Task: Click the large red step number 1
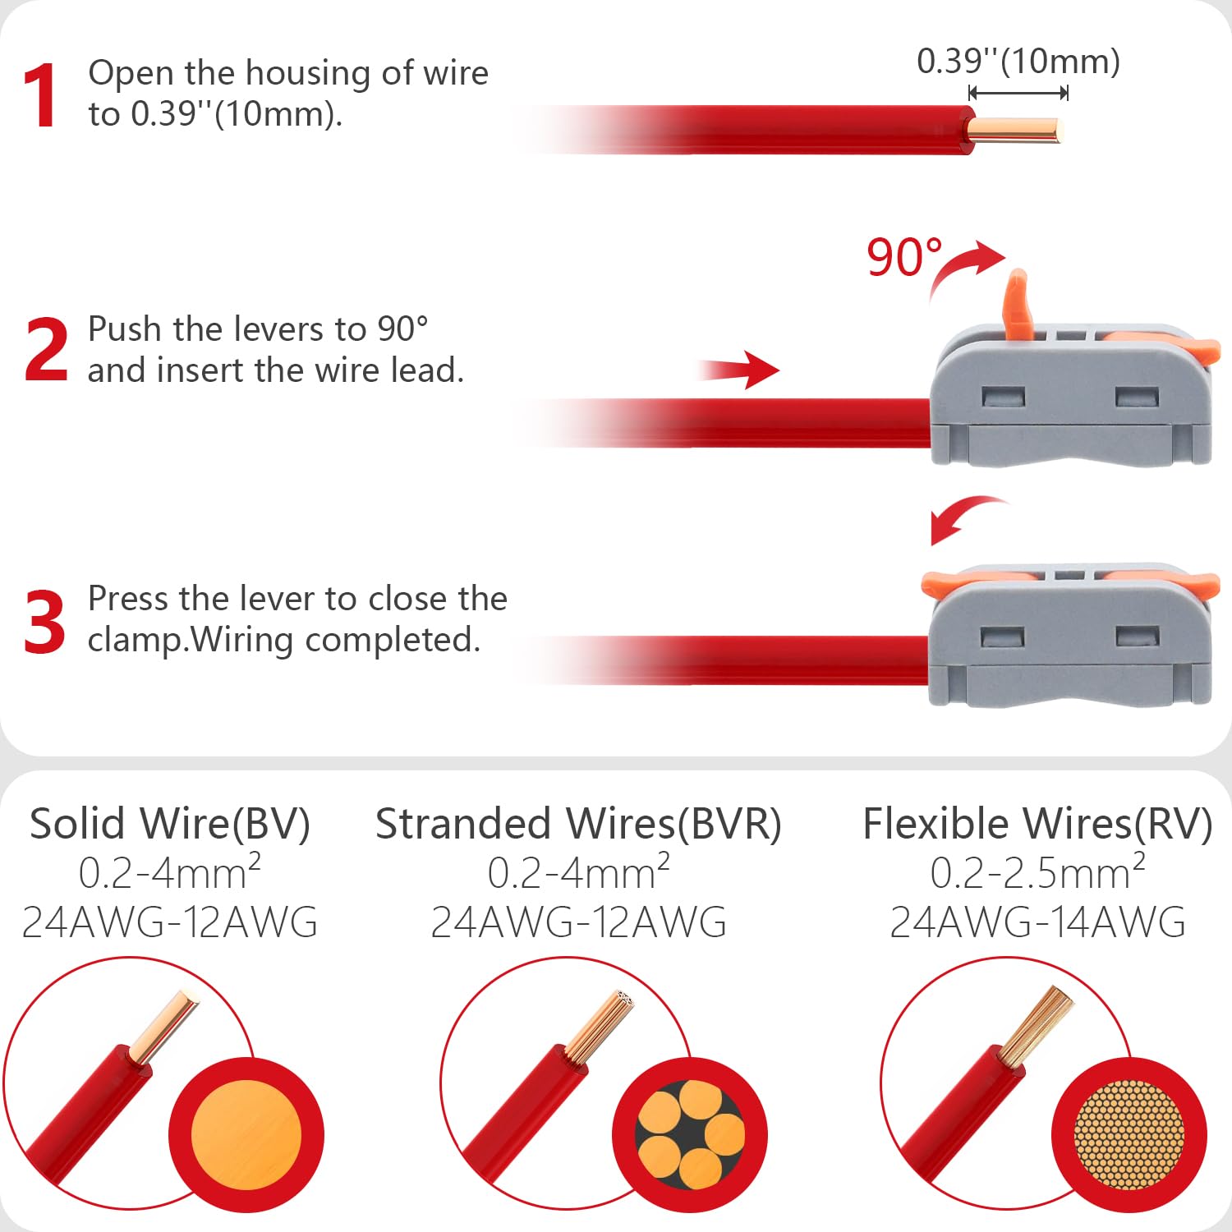click(x=39, y=95)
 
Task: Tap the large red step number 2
click(x=46, y=350)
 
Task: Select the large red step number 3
click(x=44, y=622)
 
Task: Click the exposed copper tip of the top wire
click(x=1015, y=131)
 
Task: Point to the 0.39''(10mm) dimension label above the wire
click(x=1018, y=62)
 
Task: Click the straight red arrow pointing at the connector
click(x=738, y=370)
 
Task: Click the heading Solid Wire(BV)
click(x=170, y=824)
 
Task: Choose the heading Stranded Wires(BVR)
click(x=578, y=824)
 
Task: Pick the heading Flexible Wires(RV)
click(x=1037, y=824)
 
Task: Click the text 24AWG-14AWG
click(x=1038, y=922)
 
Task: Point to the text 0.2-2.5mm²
click(x=1038, y=871)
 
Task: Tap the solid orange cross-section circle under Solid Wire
click(x=246, y=1136)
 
